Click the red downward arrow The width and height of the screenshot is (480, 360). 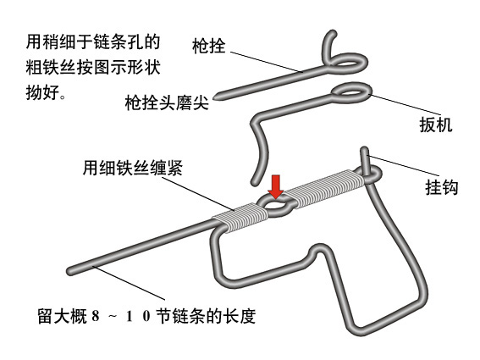coord(276,187)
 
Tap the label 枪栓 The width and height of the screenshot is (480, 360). coord(209,46)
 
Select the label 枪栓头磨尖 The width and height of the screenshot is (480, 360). coord(167,102)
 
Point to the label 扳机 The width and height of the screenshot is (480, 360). coord(436,125)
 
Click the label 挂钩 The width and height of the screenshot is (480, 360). coord(442,187)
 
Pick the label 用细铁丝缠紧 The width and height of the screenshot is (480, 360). coord(133,168)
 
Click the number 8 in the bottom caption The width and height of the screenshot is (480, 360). coord(96,316)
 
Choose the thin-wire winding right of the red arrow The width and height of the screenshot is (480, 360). coord(325,187)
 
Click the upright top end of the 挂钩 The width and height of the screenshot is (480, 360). coord(364,151)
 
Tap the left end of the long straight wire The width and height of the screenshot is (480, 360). coord(70,271)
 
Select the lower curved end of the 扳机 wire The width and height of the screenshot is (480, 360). coord(255,182)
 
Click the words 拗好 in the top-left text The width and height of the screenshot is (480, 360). coord(42,92)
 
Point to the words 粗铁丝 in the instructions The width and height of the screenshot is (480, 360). coord(51,67)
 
